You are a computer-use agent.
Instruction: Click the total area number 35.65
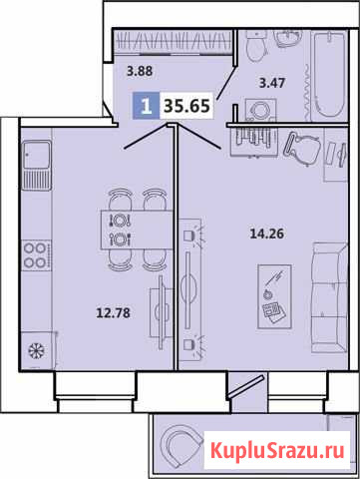[x=186, y=106]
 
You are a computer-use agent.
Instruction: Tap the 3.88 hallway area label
[x=140, y=71]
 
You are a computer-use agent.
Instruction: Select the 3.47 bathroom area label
[x=272, y=83]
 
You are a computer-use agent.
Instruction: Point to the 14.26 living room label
[x=266, y=234]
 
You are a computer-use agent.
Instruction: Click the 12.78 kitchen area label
[x=113, y=312]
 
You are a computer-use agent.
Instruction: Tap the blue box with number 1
[x=147, y=106]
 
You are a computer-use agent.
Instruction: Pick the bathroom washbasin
[x=288, y=38]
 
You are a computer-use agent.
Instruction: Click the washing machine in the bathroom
[x=260, y=110]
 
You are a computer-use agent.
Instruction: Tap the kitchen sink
[x=37, y=165]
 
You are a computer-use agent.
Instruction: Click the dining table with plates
[x=137, y=230]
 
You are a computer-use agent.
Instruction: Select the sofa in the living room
[x=329, y=297]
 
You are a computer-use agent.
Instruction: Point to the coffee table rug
[x=274, y=296]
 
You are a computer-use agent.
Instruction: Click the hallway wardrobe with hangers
[x=173, y=41]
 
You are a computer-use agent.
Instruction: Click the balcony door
[x=246, y=386]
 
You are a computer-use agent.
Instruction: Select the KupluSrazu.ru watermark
[x=277, y=451]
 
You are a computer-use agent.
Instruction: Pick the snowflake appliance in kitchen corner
[x=37, y=350]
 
